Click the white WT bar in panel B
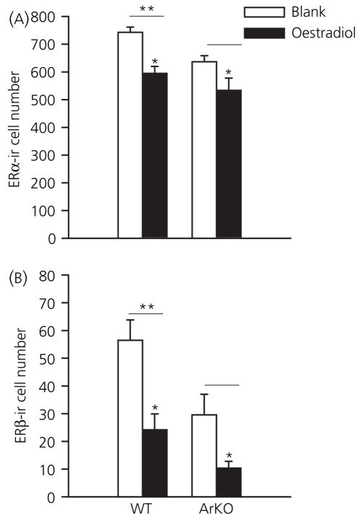pyautogui.click(x=130, y=418)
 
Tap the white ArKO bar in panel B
pyautogui.click(x=204, y=455)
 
